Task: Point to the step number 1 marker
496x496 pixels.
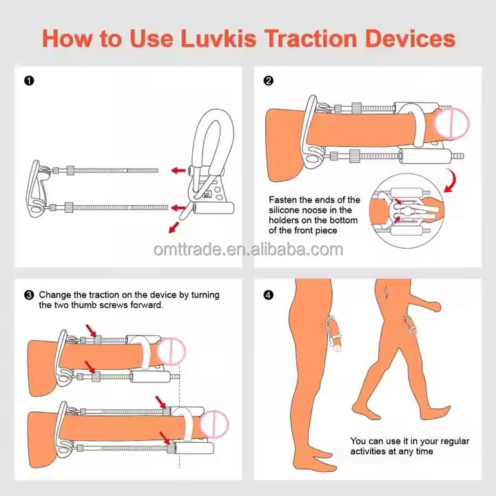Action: [x=29, y=81]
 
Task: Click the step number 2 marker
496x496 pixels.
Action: [x=269, y=81]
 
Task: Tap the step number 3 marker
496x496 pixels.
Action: [x=29, y=295]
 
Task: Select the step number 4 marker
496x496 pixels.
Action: [x=269, y=295]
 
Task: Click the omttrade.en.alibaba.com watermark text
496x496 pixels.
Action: [x=248, y=249]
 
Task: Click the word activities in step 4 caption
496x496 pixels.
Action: [x=371, y=451]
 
